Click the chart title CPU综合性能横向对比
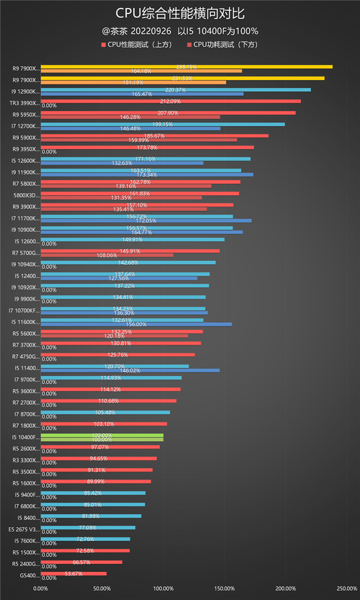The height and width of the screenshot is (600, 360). pos(179,13)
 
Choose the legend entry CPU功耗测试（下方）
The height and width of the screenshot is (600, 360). pos(223,45)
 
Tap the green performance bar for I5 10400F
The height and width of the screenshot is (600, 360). pos(102,435)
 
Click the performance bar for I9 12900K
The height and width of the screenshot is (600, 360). pos(176,90)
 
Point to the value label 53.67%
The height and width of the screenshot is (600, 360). pos(73,573)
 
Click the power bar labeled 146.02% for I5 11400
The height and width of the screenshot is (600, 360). pos(130,370)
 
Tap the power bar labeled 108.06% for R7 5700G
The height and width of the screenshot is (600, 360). pos(107,255)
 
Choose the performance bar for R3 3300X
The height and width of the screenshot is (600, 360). pos(99,458)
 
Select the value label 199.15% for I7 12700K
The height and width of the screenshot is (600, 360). pos(163,124)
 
